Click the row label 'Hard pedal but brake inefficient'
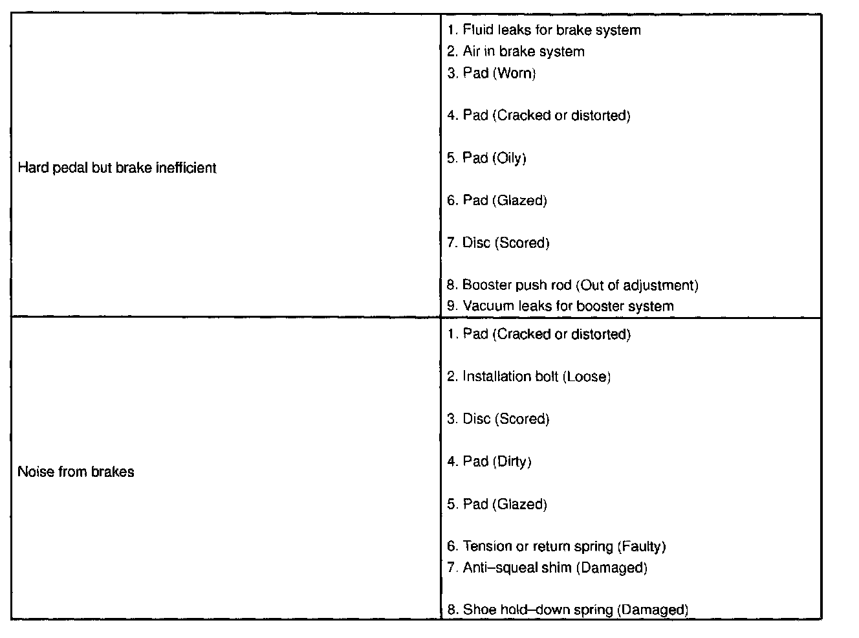117,168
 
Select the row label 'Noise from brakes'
76,472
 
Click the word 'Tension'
487,546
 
